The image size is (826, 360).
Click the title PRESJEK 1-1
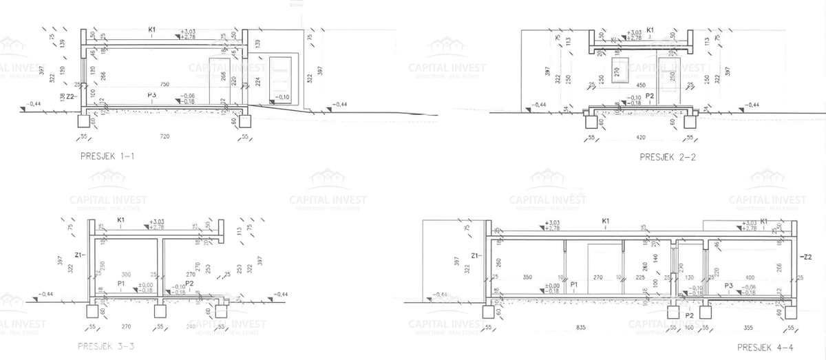[107, 157]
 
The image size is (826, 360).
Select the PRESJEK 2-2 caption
[668, 157]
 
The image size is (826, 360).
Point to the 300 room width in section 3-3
[126, 274]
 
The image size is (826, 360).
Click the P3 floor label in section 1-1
[151, 94]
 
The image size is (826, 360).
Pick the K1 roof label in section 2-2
[650, 30]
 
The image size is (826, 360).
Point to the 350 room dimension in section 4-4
[528, 277]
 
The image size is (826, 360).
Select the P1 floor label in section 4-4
[573, 284]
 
